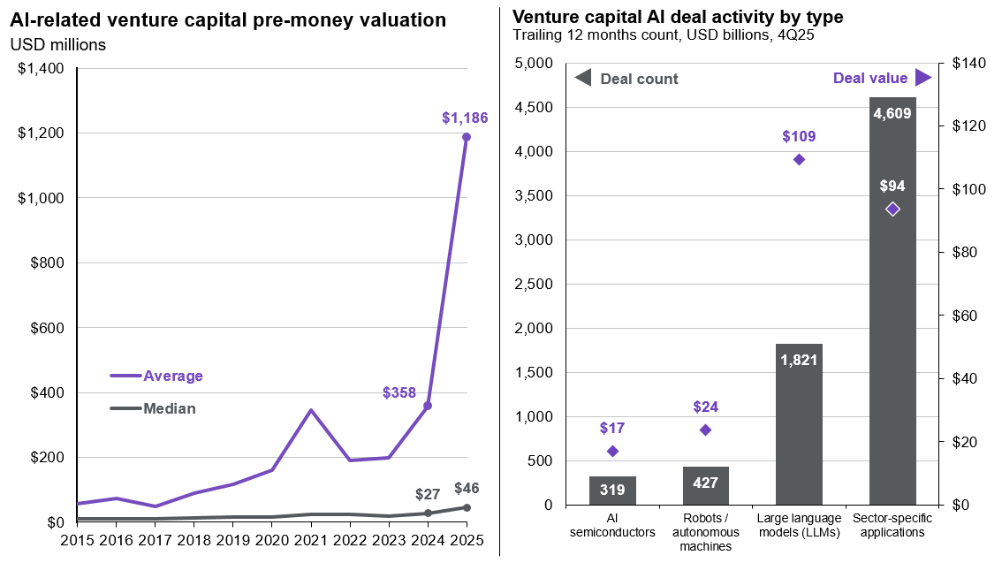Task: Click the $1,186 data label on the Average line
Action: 465,117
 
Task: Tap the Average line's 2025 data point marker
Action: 467,137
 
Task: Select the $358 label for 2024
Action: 399,392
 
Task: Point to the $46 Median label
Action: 467,488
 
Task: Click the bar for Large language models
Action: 799,424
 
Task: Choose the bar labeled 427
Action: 706,485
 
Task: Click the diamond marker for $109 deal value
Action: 799,159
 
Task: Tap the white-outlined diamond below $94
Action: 892,209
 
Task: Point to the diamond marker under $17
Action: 612,451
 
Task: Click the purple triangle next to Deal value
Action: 922,78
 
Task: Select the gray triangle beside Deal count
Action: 583,78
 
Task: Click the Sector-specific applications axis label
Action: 892,526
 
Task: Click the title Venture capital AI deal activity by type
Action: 678,17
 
